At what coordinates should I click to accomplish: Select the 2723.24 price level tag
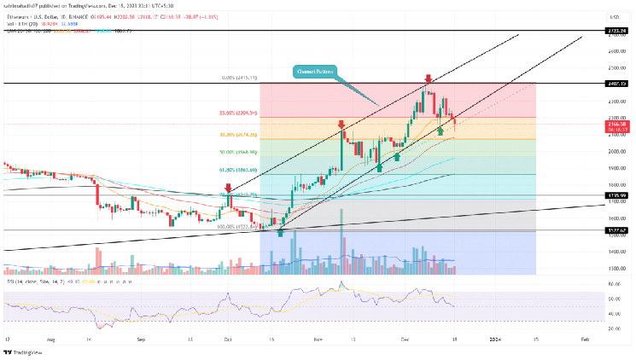pyautogui.click(x=616, y=31)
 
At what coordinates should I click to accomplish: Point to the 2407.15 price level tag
pyautogui.click(x=616, y=84)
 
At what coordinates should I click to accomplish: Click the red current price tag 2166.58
pyautogui.click(x=616, y=124)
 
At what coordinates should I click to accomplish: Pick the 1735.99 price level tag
pyautogui.click(x=616, y=195)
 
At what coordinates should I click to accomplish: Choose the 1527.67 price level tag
pyautogui.click(x=616, y=230)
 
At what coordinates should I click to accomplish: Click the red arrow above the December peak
pyautogui.click(x=428, y=78)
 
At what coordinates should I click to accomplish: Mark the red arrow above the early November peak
pyautogui.click(x=341, y=125)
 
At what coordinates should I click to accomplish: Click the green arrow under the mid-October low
pyautogui.click(x=280, y=232)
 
